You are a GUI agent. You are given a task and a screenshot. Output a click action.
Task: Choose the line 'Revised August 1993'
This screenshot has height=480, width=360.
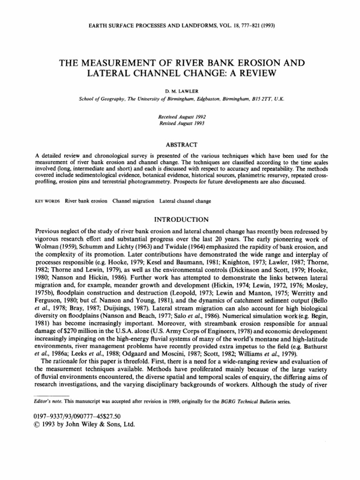(x=180, y=121)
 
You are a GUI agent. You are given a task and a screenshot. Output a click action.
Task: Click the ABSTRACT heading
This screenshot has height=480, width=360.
(x=180, y=144)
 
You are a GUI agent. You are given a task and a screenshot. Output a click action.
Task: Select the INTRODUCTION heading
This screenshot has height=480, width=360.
(x=180, y=219)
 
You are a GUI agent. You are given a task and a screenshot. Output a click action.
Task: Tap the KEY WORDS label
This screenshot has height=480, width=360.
(x=48, y=201)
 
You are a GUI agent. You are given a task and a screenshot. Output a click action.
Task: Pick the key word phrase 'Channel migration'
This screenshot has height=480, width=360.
(x=134, y=201)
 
